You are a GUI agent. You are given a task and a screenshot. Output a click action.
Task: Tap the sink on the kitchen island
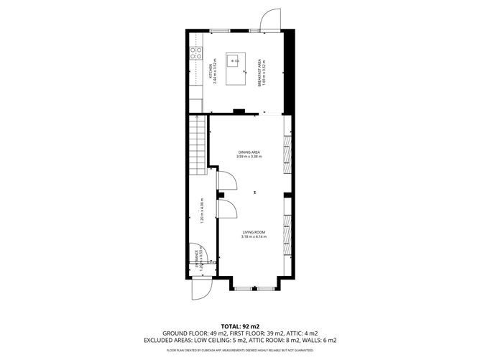tap(233, 62)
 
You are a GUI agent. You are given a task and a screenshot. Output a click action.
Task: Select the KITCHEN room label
tap(211, 71)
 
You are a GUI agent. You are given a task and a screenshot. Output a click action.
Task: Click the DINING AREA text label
tap(249, 152)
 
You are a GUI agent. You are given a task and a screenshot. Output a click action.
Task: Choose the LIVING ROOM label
tap(254, 232)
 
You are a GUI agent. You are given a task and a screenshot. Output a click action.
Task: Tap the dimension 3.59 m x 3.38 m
tap(249, 157)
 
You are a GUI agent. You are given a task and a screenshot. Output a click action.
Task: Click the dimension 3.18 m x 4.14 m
tap(254, 237)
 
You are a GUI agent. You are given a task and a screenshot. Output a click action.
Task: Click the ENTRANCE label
tap(196, 259)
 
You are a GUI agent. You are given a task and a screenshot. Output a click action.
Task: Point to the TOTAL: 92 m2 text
tap(240, 326)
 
